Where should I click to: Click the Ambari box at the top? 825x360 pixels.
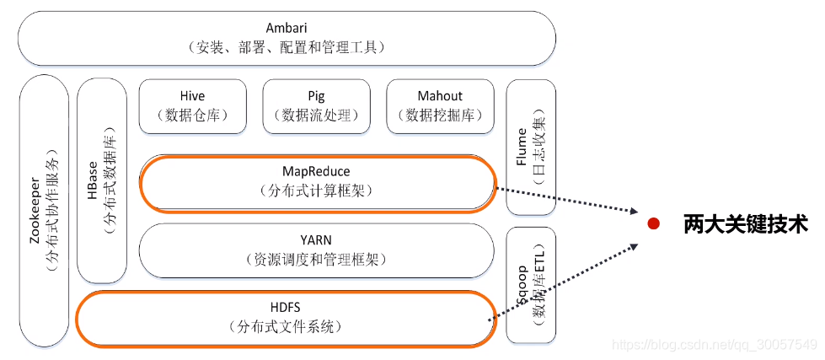(x=287, y=38)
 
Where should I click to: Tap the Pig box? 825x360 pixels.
(x=316, y=105)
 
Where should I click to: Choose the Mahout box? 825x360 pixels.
(x=440, y=105)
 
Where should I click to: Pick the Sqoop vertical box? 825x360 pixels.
(x=530, y=285)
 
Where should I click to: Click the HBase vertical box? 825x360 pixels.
(x=101, y=181)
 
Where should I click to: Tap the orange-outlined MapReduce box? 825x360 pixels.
(x=317, y=181)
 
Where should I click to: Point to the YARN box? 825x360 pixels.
(x=317, y=249)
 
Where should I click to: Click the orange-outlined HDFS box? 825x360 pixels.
(x=287, y=318)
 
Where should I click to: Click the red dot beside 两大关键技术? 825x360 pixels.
(x=652, y=223)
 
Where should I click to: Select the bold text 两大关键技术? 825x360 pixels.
(x=745, y=223)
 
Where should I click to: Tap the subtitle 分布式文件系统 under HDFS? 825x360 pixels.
(x=286, y=326)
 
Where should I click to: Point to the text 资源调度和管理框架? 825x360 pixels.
(x=316, y=259)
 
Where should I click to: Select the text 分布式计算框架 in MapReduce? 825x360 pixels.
(x=316, y=191)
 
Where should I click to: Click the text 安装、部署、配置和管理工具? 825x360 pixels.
(x=287, y=49)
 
